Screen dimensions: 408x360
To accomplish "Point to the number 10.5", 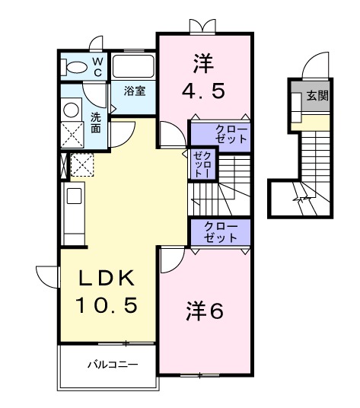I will click(x=107, y=306).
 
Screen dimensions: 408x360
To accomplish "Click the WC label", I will click(x=97, y=66).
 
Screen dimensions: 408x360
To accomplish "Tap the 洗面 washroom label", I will click(x=96, y=123).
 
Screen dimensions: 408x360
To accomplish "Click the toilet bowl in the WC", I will click(x=75, y=67).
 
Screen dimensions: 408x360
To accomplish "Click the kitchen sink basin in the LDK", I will click(x=75, y=196).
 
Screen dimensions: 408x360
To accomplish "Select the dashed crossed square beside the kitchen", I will click(x=81, y=164).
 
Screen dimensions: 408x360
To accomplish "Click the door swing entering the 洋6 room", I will click(x=169, y=261).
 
